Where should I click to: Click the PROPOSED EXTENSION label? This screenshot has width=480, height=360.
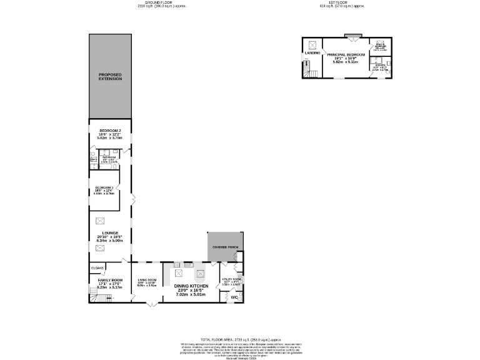click(110, 77)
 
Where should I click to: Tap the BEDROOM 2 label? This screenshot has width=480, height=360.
click(109, 131)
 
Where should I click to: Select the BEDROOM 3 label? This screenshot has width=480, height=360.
click(104, 187)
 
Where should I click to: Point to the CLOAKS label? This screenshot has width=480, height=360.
click(97, 268)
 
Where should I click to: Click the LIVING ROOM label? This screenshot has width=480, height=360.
click(147, 280)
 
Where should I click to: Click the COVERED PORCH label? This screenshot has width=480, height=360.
click(225, 247)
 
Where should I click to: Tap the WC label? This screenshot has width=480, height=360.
click(234, 297)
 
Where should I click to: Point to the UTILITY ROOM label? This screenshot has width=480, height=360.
click(231, 281)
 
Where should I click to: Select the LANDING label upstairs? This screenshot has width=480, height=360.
click(312, 53)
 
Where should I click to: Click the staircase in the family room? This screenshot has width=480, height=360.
click(103, 299)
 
